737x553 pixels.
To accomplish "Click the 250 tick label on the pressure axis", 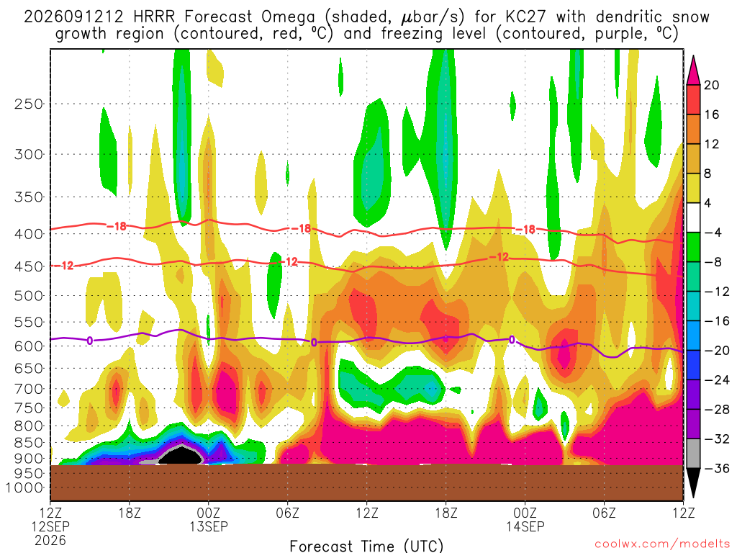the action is coord(29,104).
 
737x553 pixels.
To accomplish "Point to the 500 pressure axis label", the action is coord(29,296).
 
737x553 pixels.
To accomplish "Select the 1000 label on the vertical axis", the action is coord(24,487).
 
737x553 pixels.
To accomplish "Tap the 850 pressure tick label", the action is coord(29,443).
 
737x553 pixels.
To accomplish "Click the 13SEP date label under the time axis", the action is coord(209,526).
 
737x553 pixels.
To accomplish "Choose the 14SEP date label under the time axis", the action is coord(525,526).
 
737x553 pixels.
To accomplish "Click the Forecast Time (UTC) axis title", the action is coord(366,546).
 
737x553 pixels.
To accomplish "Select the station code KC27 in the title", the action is coord(526,17).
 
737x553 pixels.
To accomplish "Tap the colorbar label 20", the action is coord(711,85).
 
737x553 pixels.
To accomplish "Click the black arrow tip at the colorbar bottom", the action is coord(693,498).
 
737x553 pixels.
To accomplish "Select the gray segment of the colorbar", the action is coord(693,454).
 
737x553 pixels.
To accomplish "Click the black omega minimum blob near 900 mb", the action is coord(181,455).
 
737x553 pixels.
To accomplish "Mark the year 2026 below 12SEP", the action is coord(50,540).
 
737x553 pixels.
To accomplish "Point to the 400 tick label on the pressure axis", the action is coord(29,234).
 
